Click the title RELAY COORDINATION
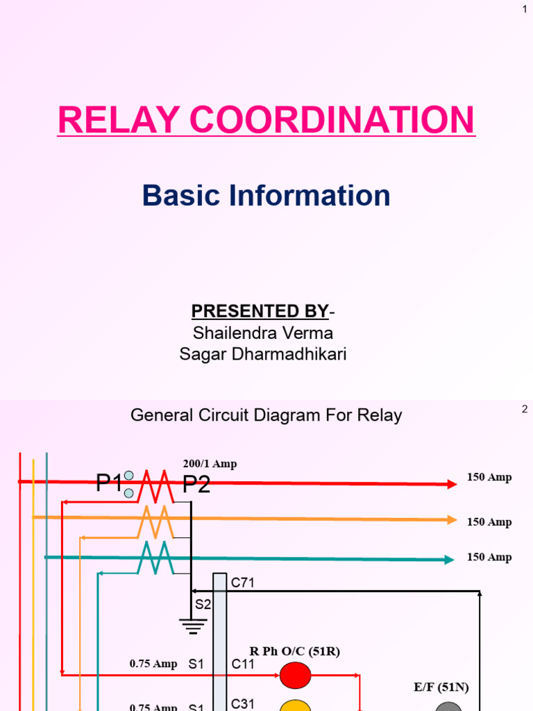tap(266, 119)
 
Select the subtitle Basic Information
tap(266, 196)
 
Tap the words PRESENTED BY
tap(251, 310)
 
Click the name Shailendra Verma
tap(262, 333)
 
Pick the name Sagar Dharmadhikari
tap(262, 355)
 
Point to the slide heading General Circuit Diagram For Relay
tap(266, 416)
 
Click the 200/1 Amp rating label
tap(210, 464)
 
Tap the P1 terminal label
tap(109, 483)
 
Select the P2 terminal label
tap(196, 484)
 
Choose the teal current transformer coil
tap(155, 557)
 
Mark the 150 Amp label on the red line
tap(489, 478)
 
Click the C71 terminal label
tap(243, 583)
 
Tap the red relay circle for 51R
tap(296, 674)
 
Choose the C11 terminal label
tap(243, 664)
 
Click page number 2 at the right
tap(525, 410)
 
